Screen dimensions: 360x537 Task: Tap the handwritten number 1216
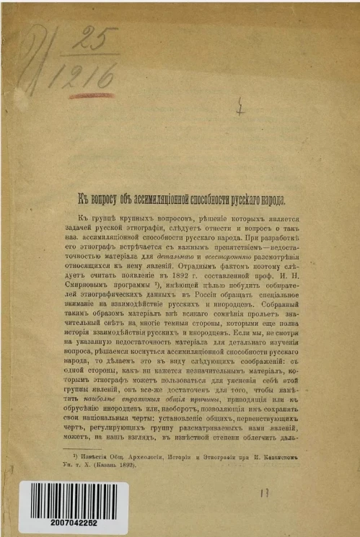[89, 74]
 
